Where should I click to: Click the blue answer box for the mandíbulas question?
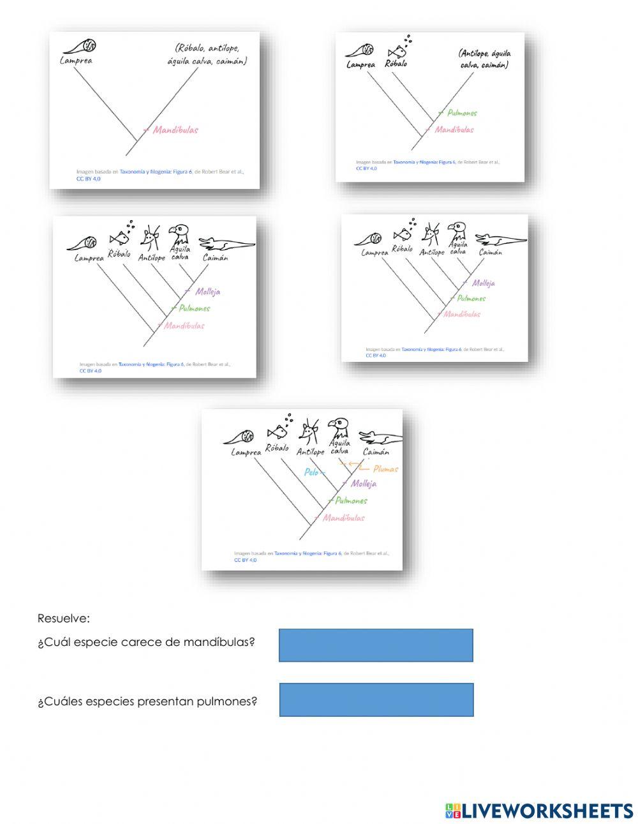coord(376,645)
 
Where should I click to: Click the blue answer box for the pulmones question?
coord(376,700)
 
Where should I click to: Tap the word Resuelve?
coord(64,618)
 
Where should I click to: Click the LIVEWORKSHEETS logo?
coord(539,811)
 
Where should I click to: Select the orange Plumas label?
coord(385,468)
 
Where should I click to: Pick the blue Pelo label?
coord(311,472)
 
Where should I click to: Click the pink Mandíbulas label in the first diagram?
coord(175,130)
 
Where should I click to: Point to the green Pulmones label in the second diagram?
coord(462,113)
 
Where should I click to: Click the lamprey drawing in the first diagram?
coord(82,47)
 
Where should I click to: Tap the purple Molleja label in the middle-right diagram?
coord(484,283)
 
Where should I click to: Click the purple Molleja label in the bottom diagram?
coord(363,484)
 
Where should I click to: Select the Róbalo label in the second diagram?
coord(396,63)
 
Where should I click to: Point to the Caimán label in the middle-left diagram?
coord(215,258)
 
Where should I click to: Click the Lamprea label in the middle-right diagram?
coord(375,253)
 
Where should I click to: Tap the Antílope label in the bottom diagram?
coord(310,452)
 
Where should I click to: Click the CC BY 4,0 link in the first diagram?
coord(89,179)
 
